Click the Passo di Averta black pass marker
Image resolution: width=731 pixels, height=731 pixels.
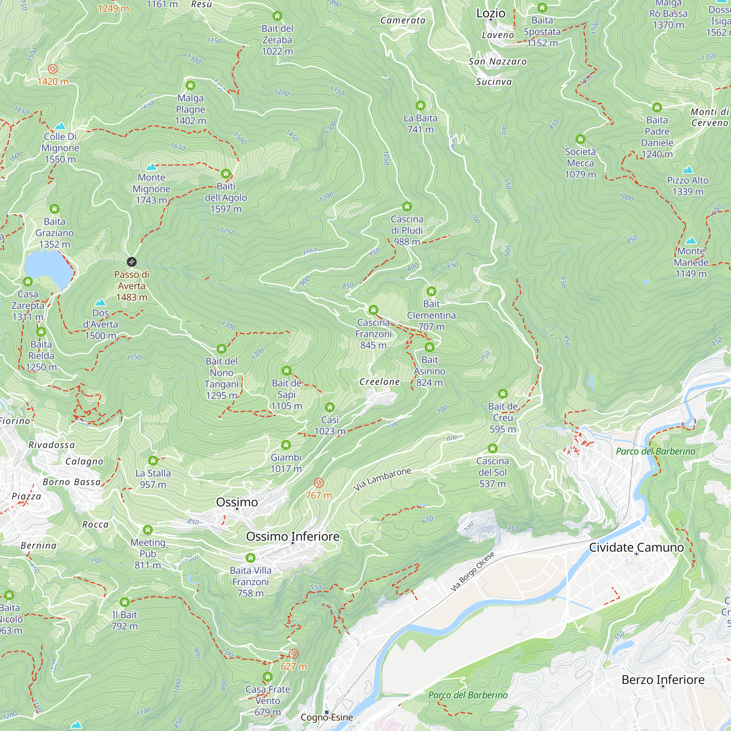tap(131, 262)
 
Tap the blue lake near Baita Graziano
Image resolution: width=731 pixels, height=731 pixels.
tap(47, 268)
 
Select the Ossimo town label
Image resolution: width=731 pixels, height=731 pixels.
tap(237, 502)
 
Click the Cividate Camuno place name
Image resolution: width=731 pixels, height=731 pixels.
tap(636, 548)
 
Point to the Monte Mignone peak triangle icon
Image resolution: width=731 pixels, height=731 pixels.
tap(151, 167)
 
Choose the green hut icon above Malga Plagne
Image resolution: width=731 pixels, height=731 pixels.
tap(190, 85)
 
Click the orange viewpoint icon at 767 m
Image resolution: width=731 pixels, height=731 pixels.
tap(319, 482)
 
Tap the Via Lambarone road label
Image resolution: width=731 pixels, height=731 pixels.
tap(382, 479)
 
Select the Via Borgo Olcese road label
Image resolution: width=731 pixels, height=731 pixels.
tap(472, 572)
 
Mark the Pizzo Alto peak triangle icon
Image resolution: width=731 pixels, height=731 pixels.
tap(688, 170)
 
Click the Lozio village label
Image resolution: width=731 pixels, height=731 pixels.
tap(491, 14)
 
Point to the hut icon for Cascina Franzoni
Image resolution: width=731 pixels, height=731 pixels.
tap(374, 310)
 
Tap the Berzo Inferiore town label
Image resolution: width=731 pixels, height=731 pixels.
tap(663, 680)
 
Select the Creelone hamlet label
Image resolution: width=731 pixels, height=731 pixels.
tap(379, 382)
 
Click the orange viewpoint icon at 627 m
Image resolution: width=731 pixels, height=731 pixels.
tap(293, 654)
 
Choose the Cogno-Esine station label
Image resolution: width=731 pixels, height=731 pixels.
tap(327, 717)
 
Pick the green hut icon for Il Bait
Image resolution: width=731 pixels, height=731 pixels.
tap(125, 602)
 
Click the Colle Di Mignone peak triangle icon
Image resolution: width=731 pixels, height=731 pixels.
tap(60, 126)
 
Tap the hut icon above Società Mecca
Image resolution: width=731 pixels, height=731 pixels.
tap(580, 139)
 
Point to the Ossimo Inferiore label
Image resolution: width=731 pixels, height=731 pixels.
tap(292, 537)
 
